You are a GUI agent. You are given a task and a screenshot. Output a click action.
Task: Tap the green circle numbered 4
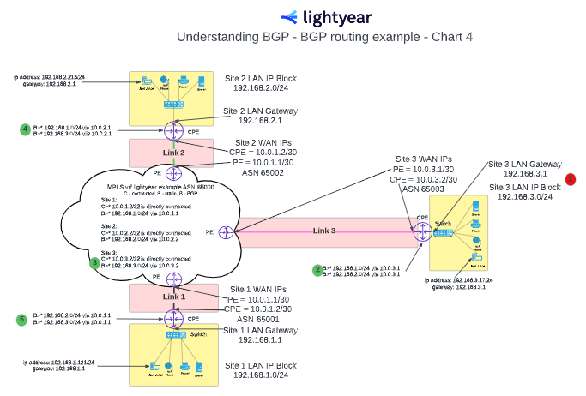click(25, 130)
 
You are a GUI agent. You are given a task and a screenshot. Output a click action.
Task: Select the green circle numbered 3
click(94, 262)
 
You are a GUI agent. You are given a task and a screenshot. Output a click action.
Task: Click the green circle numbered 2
click(317, 270)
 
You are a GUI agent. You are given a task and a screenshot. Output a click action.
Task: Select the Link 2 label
click(174, 153)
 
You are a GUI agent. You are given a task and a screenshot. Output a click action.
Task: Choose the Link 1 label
click(174, 297)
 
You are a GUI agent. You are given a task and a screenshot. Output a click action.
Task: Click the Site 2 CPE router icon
click(173, 131)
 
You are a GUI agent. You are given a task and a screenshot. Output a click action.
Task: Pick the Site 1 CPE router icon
click(174, 319)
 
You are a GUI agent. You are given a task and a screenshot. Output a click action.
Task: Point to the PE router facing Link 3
click(225, 231)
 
